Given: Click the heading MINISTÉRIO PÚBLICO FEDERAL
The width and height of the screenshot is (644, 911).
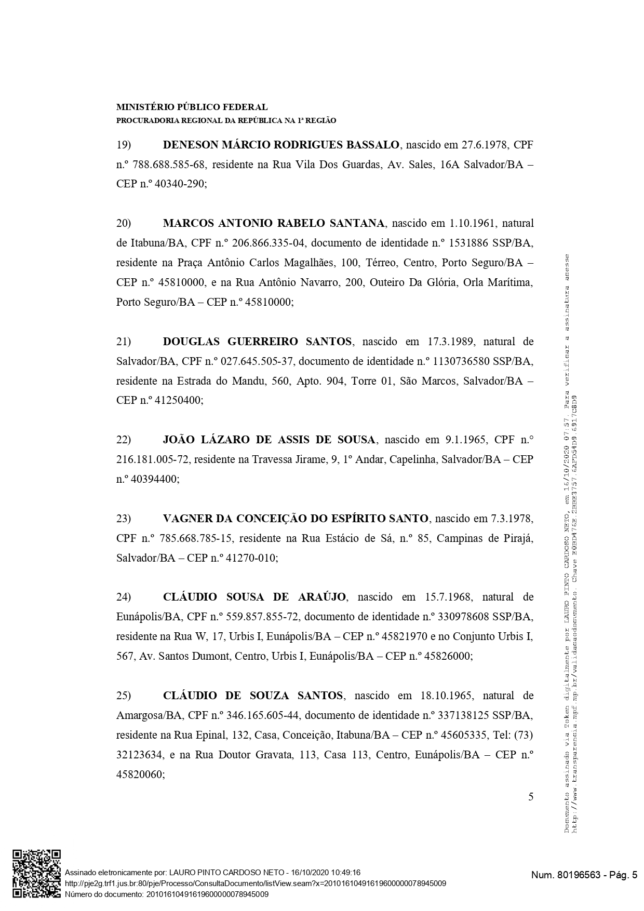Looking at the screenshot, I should pyautogui.click(x=192, y=107).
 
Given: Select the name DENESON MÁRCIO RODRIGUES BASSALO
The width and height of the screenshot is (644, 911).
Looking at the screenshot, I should pyautogui.click(x=281, y=145).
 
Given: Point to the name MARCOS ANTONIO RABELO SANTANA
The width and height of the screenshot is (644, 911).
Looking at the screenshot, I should pyautogui.click(x=274, y=223).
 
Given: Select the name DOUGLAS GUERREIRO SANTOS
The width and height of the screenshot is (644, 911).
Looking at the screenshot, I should pyautogui.click(x=257, y=342).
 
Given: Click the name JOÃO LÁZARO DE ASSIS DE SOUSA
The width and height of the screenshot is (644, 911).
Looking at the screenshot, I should pyautogui.click(x=269, y=440).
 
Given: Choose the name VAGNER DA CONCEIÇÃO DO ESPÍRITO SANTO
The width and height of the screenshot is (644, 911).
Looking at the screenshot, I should pyautogui.click(x=296, y=519).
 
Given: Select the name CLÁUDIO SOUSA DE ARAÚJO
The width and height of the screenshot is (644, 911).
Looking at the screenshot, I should pyautogui.click(x=254, y=597).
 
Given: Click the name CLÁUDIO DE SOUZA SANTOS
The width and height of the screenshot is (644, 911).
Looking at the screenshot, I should pyautogui.click(x=253, y=696).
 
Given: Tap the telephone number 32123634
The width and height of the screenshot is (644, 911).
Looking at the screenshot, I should pyautogui.click(x=139, y=755).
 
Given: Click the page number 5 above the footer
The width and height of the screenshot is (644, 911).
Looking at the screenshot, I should pyautogui.click(x=530, y=797).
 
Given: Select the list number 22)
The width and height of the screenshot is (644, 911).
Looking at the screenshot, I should pyautogui.click(x=123, y=440).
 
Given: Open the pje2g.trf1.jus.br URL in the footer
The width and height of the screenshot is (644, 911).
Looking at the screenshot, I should pyautogui.click(x=255, y=883).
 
